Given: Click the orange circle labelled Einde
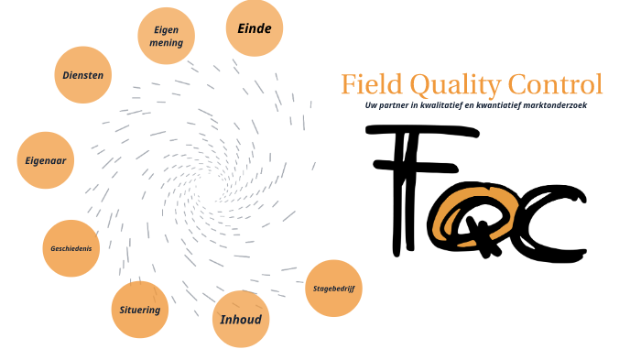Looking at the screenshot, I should [x=254, y=29].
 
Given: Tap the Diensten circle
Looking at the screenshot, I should [x=82, y=75].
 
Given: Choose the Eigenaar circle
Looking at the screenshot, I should [x=45, y=160].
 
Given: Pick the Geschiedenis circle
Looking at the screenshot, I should [x=71, y=248].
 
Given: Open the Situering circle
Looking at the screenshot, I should [x=139, y=310].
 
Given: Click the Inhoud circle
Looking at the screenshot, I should [x=241, y=320].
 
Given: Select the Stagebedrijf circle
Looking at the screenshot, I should [x=332, y=289].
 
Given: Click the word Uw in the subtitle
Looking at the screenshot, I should [x=371, y=106].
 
